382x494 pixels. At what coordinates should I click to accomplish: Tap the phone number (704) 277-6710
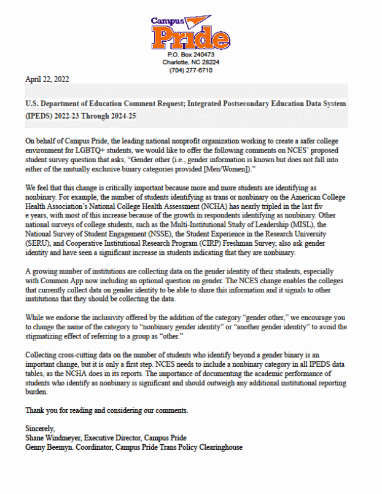(190, 70)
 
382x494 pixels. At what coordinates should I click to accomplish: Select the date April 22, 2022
(47, 79)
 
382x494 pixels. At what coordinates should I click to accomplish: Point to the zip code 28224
(208, 62)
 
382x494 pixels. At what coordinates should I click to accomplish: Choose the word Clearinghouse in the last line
(218, 447)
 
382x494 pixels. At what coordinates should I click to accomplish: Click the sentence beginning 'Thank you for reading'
(103, 410)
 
